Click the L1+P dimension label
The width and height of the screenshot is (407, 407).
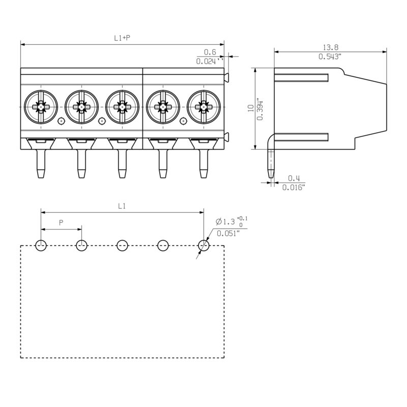[122, 38]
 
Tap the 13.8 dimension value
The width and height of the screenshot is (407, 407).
[330, 46]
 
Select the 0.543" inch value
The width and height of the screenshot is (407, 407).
[330, 56]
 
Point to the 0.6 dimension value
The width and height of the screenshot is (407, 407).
[210, 52]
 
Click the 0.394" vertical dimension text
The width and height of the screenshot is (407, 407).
[260, 109]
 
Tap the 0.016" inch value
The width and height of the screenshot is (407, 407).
[294, 188]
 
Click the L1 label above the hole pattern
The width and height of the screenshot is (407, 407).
[122, 206]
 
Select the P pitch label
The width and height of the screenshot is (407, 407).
[61, 223]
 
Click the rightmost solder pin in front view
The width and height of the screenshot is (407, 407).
[203, 163]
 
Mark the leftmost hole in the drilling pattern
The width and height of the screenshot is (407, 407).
[41, 246]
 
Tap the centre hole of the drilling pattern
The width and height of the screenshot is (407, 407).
[122, 246]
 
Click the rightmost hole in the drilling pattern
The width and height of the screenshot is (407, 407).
[203, 246]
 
